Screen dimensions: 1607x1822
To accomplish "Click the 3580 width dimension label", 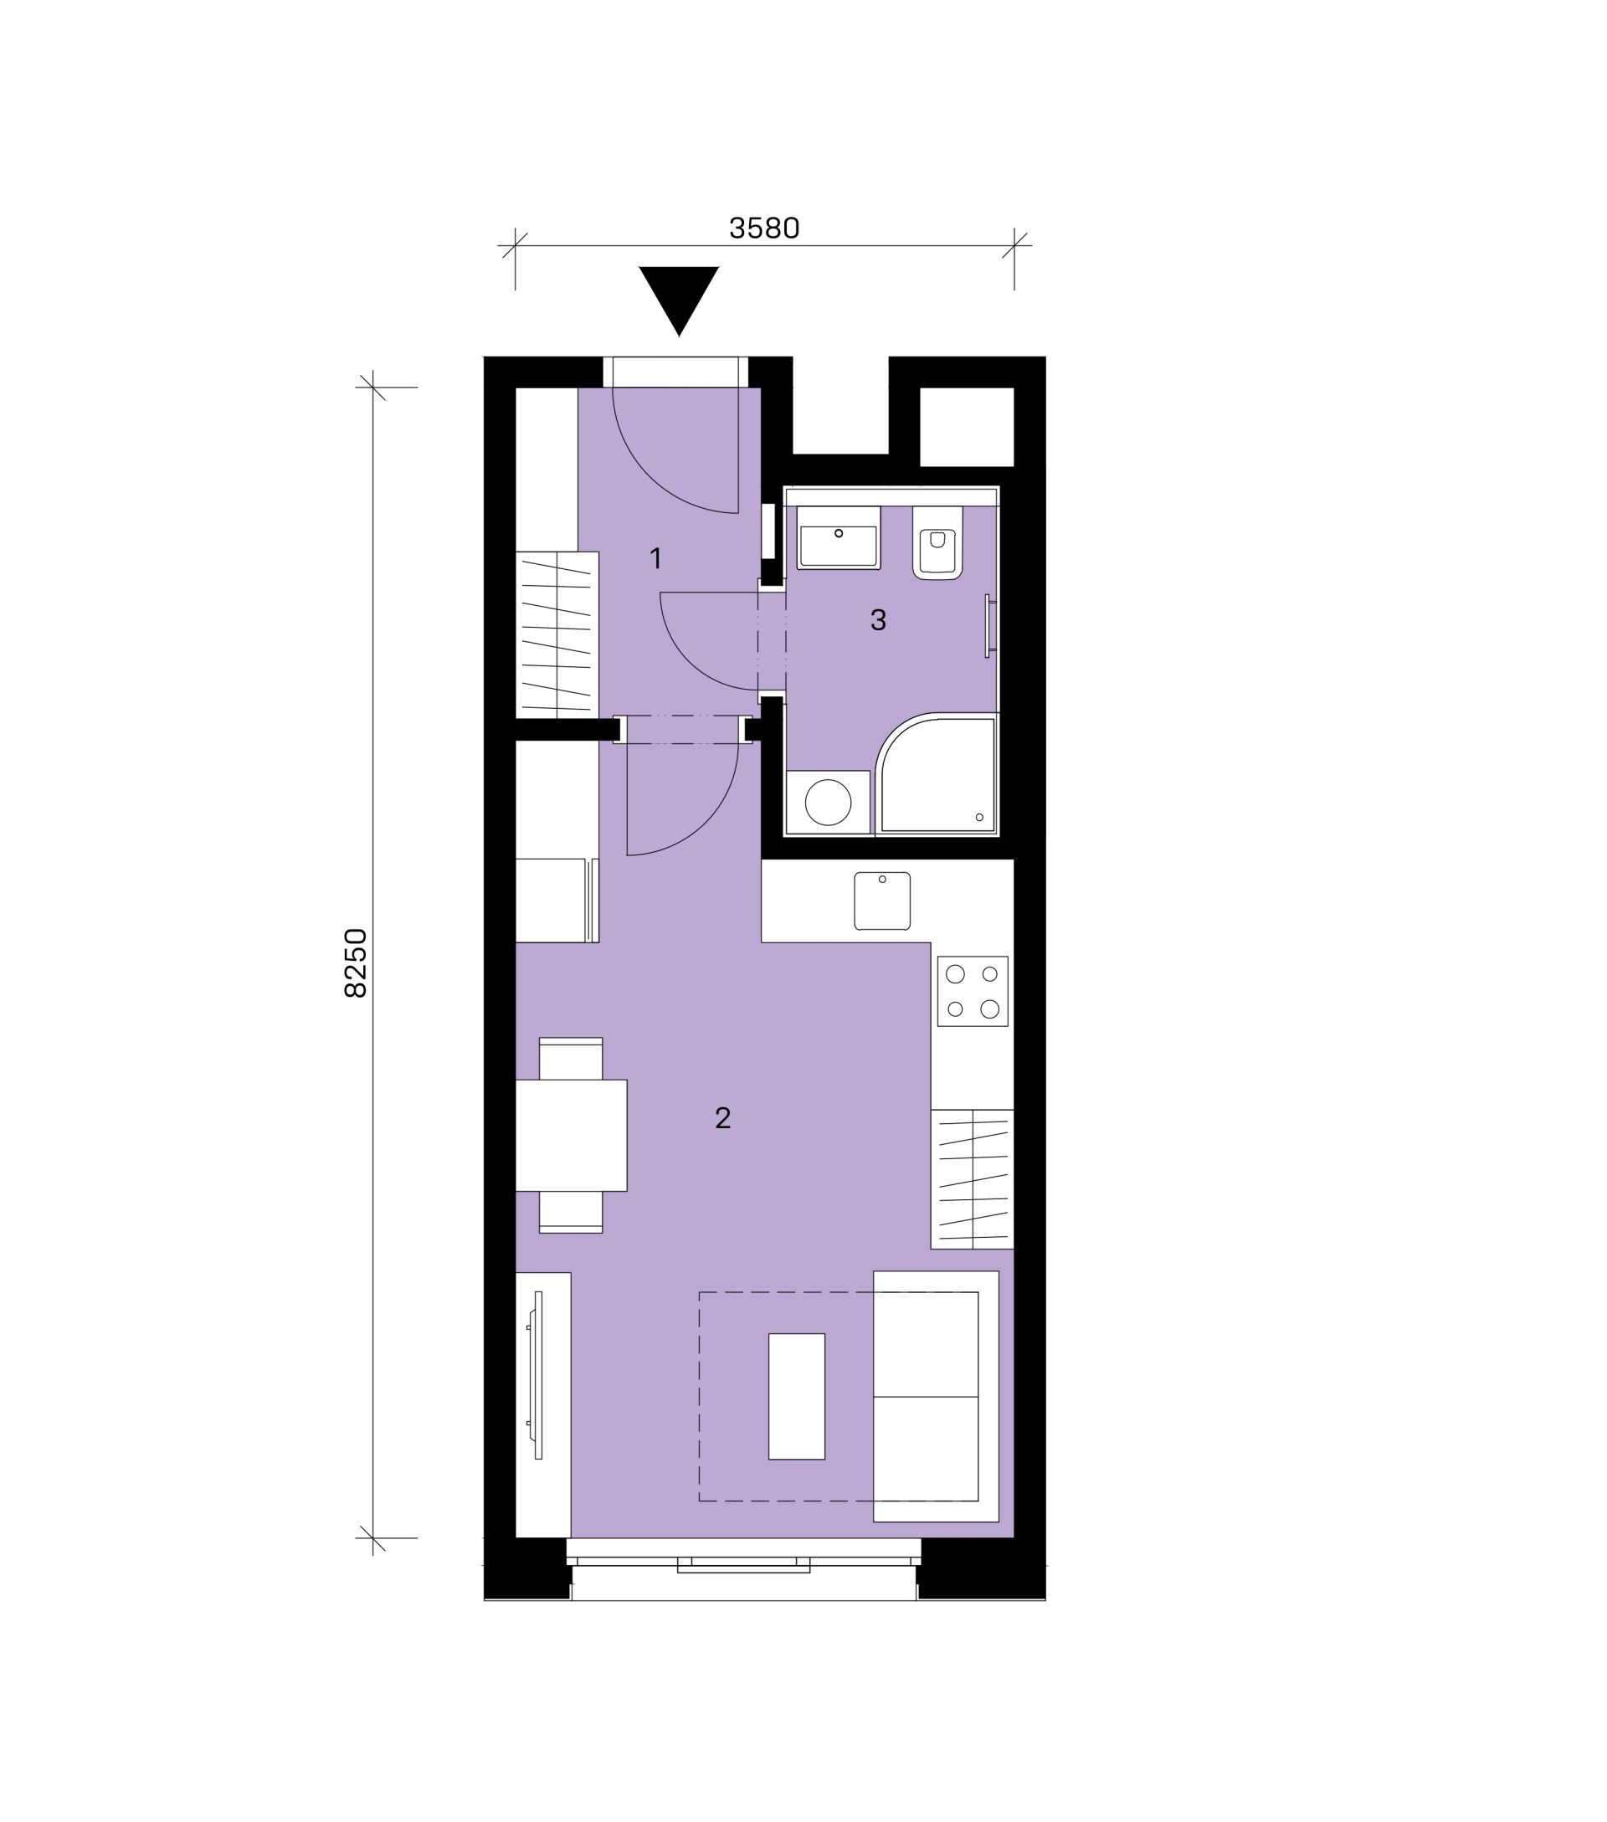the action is pyautogui.click(x=764, y=228).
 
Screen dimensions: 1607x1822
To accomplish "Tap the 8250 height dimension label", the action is pyautogui.click(x=356, y=962).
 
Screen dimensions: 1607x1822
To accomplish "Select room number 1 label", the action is pyautogui.click(x=656, y=559).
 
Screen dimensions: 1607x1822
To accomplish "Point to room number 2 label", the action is pyautogui.click(x=723, y=1118).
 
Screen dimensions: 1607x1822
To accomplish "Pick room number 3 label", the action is pyautogui.click(x=878, y=619).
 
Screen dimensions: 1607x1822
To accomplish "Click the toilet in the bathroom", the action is pyautogui.click(x=937, y=543).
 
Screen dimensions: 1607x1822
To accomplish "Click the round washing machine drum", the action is pyautogui.click(x=828, y=803).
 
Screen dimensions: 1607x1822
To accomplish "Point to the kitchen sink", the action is pyautogui.click(x=882, y=901).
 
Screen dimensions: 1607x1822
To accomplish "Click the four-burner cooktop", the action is pyautogui.click(x=973, y=991).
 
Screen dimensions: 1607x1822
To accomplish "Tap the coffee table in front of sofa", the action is pyautogui.click(x=797, y=1397).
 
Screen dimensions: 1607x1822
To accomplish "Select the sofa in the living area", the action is pyautogui.click(x=936, y=1397).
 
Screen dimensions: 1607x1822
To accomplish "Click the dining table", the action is pyautogui.click(x=572, y=1136).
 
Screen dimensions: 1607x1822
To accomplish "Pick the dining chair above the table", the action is pyautogui.click(x=572, y=1059).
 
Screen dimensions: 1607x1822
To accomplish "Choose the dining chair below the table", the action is pyautogui.click(x=572, y=1212).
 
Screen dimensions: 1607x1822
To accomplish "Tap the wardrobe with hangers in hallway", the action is pyautogui.click(x=557, y=634).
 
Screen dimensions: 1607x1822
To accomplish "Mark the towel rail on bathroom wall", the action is pyautogui.click(x=989, y=626).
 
